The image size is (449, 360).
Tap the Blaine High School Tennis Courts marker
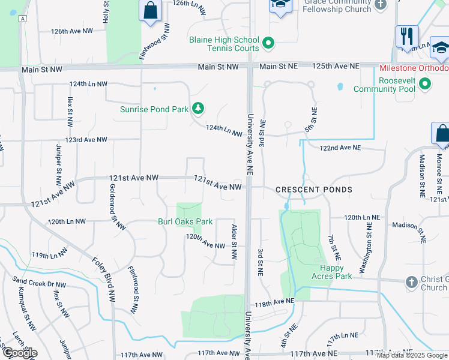[268, 43]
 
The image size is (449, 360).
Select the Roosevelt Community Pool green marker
[425, 84]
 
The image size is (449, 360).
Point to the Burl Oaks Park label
[185, 221]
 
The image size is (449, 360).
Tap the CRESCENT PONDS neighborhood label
[314, 190]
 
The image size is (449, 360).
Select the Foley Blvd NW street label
[104, 278]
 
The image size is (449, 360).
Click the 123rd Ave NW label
[86, 140]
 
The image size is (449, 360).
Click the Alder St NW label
[234, 242]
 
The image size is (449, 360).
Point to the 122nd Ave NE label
[340, 148]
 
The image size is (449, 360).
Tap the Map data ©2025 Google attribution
[412, 355]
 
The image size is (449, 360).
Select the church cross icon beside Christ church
[412, 282]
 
